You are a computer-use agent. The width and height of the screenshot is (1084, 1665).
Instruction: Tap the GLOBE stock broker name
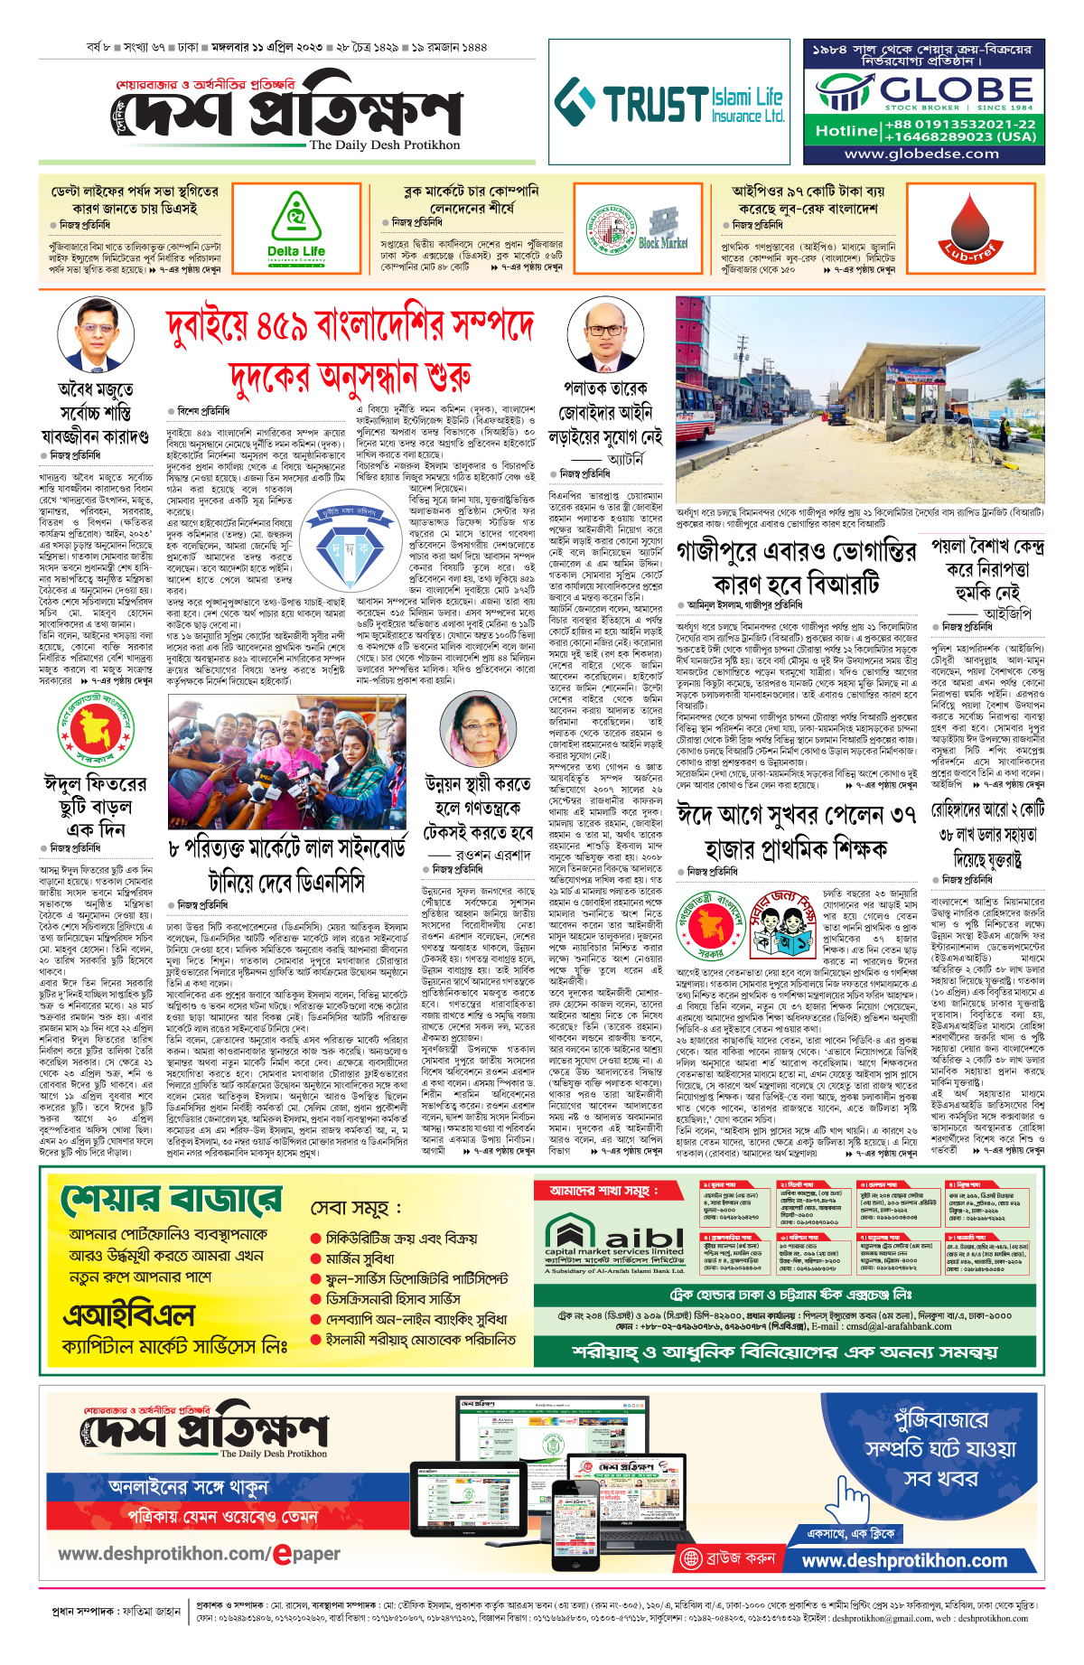point(956,90)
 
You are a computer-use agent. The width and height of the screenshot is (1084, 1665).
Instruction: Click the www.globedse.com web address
point(921,154)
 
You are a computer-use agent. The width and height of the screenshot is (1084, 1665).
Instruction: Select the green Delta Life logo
point(296,229)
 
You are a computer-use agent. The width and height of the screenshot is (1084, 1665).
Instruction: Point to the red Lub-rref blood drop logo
point(972,230)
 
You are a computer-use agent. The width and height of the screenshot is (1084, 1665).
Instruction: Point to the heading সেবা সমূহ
point(356,1208)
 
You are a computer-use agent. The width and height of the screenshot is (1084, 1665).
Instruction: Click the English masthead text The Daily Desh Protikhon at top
point(384,145)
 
